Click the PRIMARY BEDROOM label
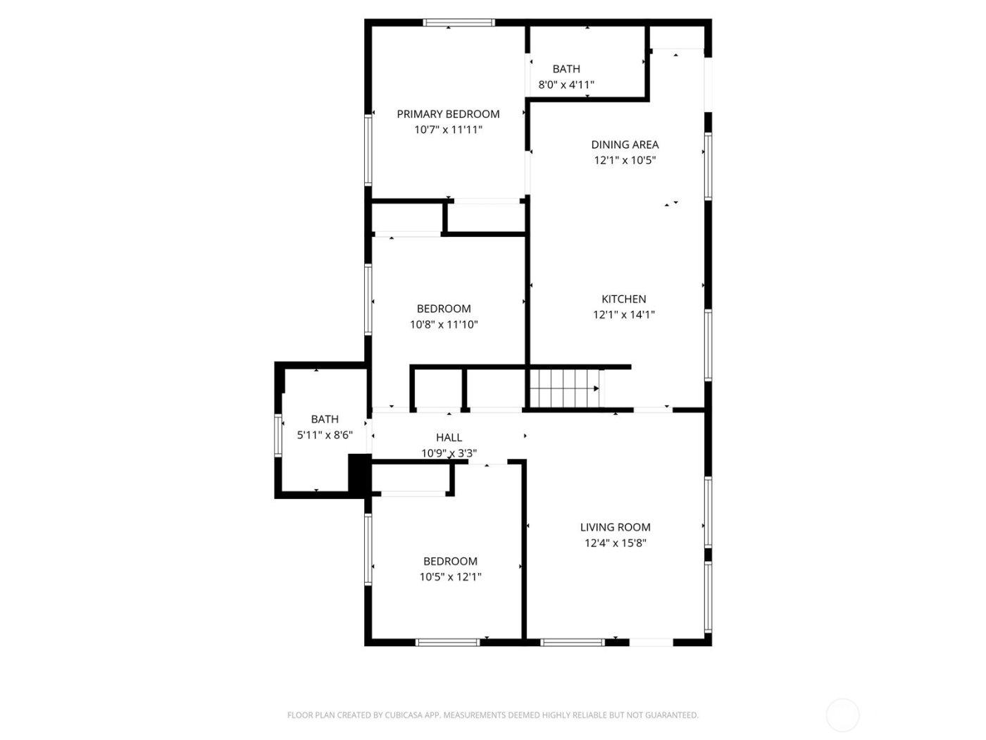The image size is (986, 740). pos(448,114)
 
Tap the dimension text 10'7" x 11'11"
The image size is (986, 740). pos(448,130)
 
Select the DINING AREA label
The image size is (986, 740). pos(625,144)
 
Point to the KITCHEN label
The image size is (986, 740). pos(623,299)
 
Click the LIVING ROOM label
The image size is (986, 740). pos(615,527)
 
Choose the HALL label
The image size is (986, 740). pos(449,438)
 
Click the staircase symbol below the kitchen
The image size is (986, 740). pos(563,388)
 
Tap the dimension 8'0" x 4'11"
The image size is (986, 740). pos(566,85)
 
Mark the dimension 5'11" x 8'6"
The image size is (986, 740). pos(325,435)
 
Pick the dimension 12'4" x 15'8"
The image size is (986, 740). pos(615,543)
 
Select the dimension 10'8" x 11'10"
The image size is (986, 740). pos(444,324)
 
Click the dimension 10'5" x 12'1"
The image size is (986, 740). pos(450,576)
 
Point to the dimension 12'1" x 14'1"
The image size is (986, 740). pos(623,315)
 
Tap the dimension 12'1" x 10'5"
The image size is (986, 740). pos(625,160)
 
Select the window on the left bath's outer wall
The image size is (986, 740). pos(277,436)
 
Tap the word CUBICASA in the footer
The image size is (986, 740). pos(404,715)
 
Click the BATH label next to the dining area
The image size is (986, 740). pos(566,69)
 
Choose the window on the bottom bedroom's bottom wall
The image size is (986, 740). pos(448,642)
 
